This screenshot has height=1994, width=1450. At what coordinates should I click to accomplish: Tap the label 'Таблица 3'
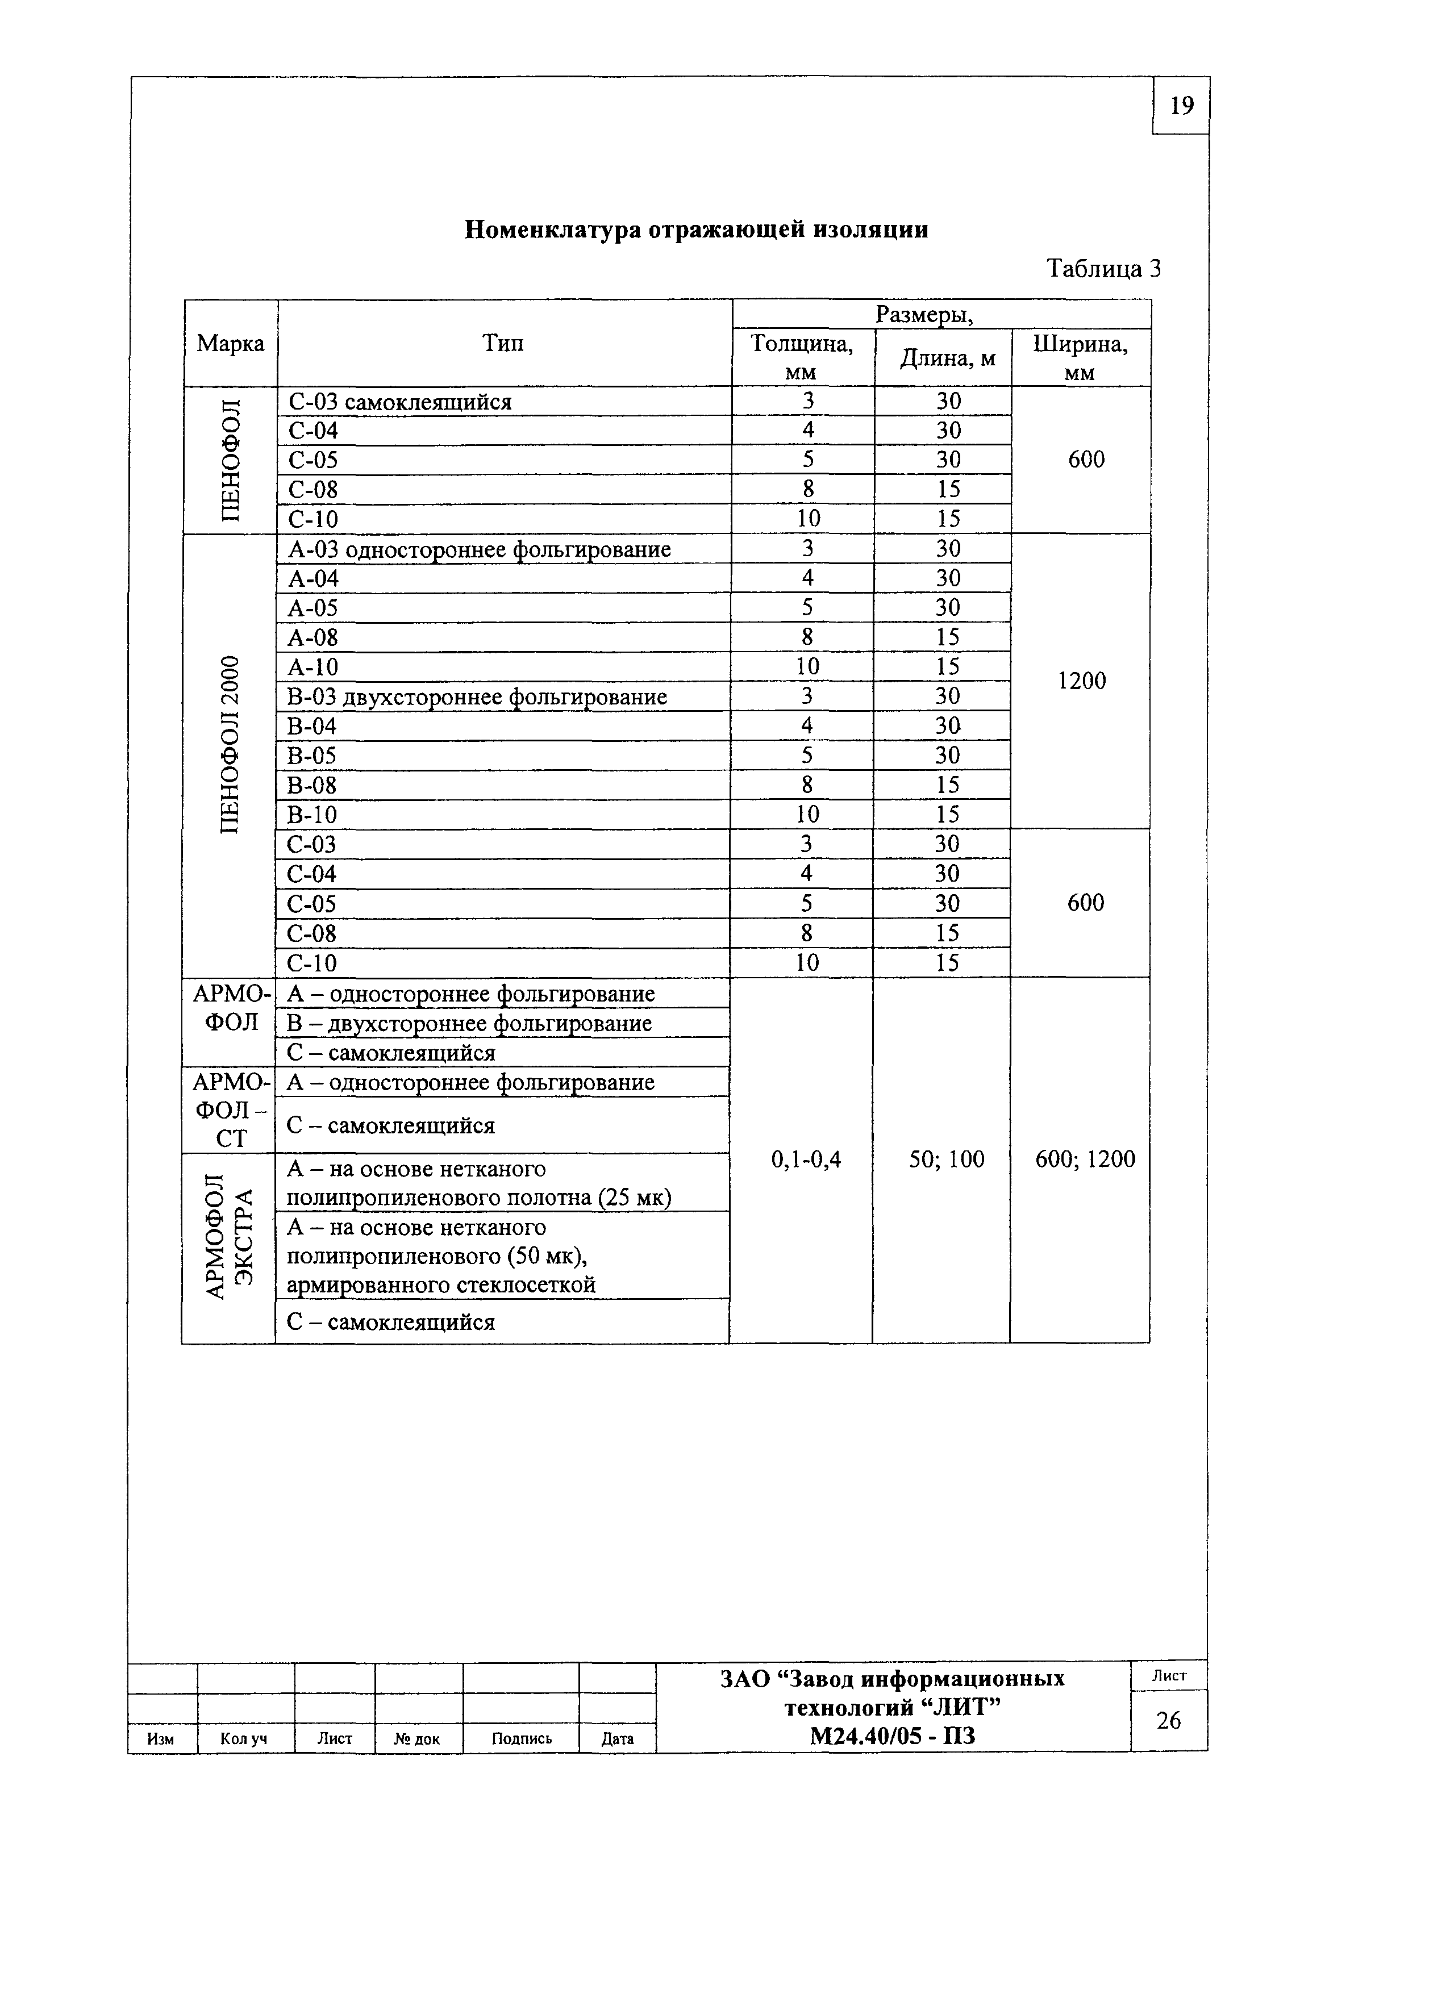point(1103,268)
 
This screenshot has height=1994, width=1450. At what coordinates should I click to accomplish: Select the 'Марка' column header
point(230,343)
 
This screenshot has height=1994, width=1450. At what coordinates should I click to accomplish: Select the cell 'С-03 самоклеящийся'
point(400,402)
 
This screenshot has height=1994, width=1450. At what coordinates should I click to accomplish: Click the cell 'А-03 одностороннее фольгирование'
point(479,549)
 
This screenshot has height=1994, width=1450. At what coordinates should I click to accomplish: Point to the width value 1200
point(1082,681)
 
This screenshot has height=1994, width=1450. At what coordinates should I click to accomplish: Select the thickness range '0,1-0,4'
point(806,1159)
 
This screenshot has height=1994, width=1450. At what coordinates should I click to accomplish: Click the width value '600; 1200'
point(1085,1159)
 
